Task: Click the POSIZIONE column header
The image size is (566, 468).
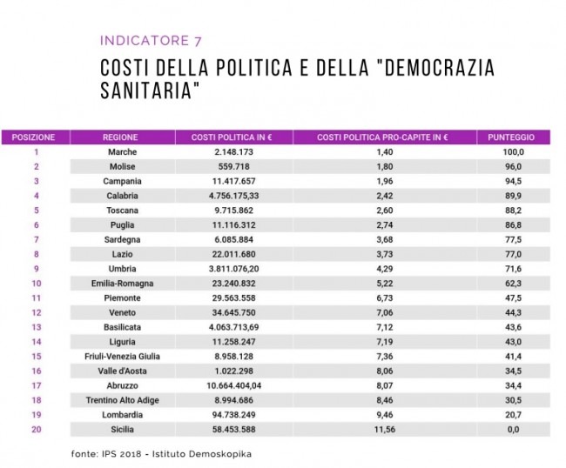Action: pyautogui.click(x=33, y=137)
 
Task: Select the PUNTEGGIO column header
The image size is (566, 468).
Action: pyautogui.click(x=511, y=137)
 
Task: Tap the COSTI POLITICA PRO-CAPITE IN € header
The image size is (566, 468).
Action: pyautogui.click(x=382, y=137)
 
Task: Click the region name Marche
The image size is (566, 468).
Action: pyautogui.click(x=123, y=152)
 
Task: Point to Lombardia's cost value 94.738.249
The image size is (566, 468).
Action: pyautogui.click(x=234, y=415)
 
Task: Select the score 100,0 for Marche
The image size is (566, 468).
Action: pyautogui.click(x=513, y=152)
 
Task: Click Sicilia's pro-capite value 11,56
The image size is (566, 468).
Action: pyautogui.click(x=385, y=430)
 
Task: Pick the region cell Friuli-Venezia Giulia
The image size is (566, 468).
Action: pyautogui.click(x=123, y=357)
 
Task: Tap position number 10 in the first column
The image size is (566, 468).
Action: pyautogui.click(x=37, y=284)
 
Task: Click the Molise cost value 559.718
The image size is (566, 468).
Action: pyautogui.click(x=234, y=166)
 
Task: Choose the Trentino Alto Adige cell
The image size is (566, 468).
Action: pyautogui.click(x=123, y=400)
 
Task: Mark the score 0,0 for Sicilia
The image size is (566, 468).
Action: pyautogui.click(x=513, y=430)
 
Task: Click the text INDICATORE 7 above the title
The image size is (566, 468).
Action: pyautogui.click(x=151, y=40)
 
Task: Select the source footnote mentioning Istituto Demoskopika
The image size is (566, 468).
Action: pyautogui.click(x=161, y=454)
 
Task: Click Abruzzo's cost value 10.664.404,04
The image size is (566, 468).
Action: pyautogui.click(x=234, y=385)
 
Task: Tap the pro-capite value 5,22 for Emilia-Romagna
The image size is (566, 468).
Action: pyautogui.click(x=385, y=284)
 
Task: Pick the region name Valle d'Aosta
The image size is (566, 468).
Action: pyautogui.click(x=123, y=371)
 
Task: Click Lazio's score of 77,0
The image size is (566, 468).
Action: pyautogui.click(x=513, y=254)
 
